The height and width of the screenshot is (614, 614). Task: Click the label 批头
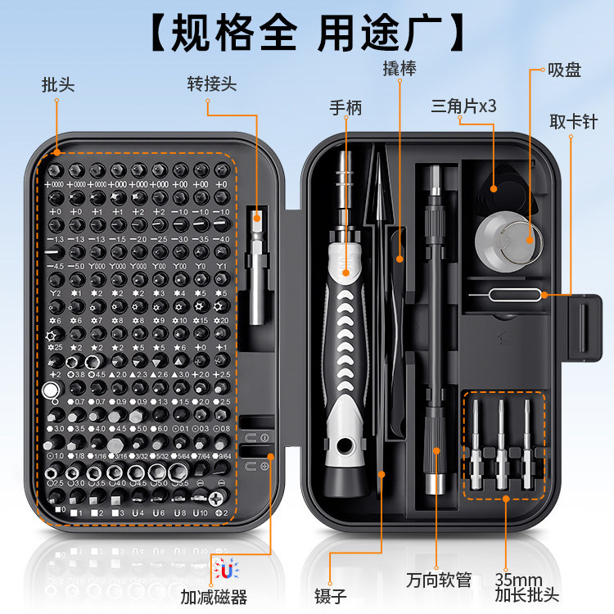(57, 84)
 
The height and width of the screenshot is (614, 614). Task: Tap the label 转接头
(211, 84)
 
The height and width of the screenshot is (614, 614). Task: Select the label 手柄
(345, 107)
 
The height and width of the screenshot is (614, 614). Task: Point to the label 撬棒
(400, 69)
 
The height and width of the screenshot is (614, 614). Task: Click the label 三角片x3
(464, 107)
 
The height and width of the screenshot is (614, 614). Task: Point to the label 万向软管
(439, 580)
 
